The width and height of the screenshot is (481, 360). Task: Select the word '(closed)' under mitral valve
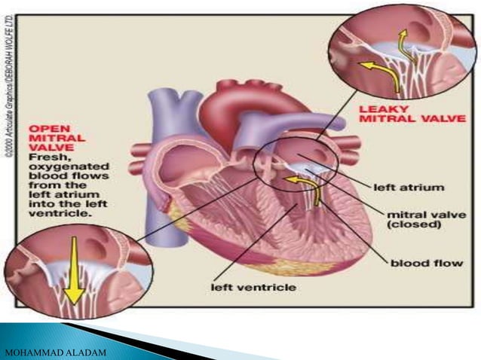click(422, 225)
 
